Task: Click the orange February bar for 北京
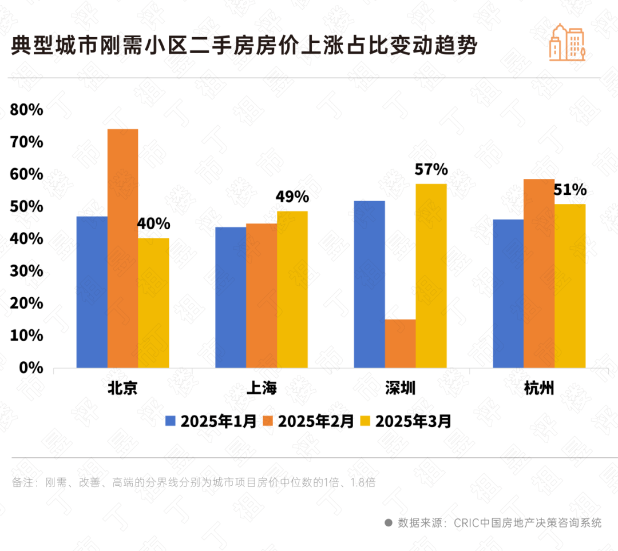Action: coord(122,248)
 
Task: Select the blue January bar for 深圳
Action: coord(369,284)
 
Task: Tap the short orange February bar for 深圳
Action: coord(400,343)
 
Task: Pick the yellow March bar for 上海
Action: coord(292,289)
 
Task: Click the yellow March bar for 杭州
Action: coord(570,286)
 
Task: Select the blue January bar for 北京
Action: coord(92,292)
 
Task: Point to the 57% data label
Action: coord(431,169)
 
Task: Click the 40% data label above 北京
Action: coord(153,223)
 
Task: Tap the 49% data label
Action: coord(292,197)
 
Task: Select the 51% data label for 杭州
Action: coord(570,189)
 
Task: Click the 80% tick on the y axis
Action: coord(27,110)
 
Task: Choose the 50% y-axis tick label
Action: coord(27,206)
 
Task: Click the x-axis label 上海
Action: coord(262,388)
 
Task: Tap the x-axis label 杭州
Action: coord(539,388)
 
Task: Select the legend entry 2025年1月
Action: coord(211,422)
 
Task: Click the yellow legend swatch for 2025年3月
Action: coord(365,422)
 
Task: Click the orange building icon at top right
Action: coord(566,43)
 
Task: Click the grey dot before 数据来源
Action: coord(389,522)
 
